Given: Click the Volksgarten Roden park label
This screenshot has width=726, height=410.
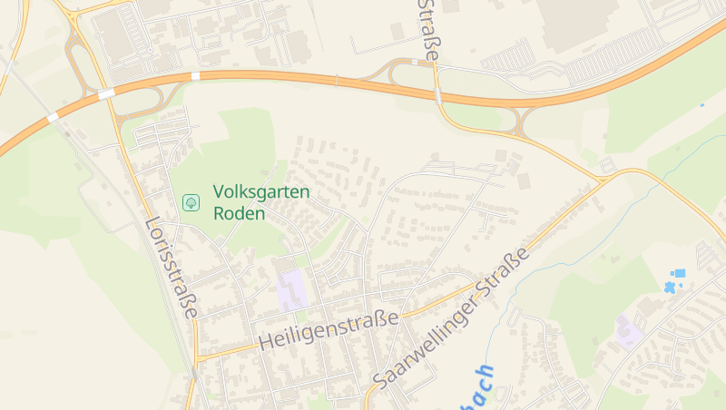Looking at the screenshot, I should pyautogui.click(x=261, y=203).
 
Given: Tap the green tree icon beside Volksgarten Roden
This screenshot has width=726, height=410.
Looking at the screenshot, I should pyautogui.click(x=191, y=202).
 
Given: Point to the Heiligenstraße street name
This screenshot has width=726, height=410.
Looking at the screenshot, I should pyautogui.click(x=329, y=330).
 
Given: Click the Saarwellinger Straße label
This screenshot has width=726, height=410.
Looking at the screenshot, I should pyautogui.click(x=451, y=317).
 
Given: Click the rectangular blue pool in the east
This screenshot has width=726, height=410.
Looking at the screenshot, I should pyautogui.click(x=678, y=273).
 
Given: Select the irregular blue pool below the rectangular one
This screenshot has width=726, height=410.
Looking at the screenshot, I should pyautogui.click(x=671, y=288).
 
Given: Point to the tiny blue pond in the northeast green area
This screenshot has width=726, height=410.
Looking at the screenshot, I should pyautogui.click(x=701, y=105).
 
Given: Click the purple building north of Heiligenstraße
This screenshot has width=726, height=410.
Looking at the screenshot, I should pyautogui.click(x=291, y=290).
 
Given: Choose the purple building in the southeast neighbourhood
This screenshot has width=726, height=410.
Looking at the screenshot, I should pyautogui.click(x=627, y=330).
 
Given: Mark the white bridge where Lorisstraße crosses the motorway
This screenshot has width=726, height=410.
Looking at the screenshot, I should pyautogui.click(x=107, y=93).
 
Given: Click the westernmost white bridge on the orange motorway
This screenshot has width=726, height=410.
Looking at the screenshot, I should pyautogui.click(x=53, y=117).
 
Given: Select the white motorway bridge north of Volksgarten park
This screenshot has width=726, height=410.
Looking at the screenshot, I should pyautogui.click(x=195, y=76).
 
